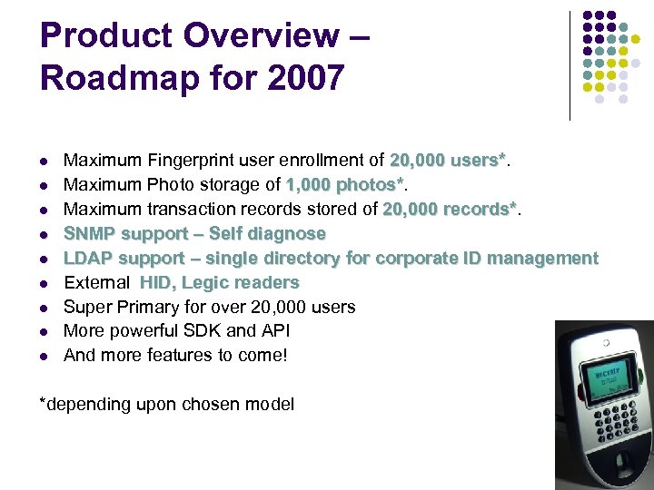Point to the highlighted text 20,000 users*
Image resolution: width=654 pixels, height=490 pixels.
(448, 161)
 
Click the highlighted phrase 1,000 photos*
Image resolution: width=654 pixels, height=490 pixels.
(345, 185)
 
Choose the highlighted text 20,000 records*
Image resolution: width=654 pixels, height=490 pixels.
(450, 210)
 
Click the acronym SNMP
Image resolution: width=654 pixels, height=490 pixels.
(90, 234)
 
